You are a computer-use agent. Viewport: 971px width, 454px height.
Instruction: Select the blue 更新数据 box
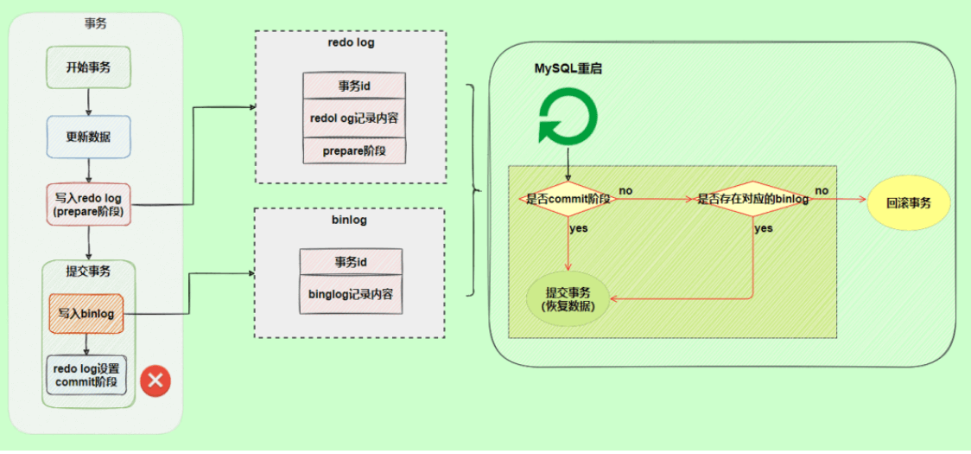88,137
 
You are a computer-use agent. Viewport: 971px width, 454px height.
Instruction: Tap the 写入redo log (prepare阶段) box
88,205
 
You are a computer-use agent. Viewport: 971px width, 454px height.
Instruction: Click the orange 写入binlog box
86,313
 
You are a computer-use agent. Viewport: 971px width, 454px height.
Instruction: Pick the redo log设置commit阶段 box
86,375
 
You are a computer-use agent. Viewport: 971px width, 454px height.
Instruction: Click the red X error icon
155,380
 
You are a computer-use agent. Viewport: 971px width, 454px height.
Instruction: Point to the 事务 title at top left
96,26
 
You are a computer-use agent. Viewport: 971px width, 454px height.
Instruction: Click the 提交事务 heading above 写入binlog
88,271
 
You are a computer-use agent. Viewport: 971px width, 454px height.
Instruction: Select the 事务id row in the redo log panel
354,86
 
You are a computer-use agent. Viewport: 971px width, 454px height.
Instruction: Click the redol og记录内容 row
354,117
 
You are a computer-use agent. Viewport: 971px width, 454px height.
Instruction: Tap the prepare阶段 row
354,150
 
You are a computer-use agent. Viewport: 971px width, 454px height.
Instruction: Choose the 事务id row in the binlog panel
351,261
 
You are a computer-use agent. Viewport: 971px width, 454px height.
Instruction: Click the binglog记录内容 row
351,294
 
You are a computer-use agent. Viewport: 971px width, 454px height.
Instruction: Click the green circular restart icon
567,118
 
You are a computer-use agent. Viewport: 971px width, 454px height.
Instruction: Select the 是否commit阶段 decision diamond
568,199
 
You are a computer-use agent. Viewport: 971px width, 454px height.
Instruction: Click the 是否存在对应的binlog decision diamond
752,199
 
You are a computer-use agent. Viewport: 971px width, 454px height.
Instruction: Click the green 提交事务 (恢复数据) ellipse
568,298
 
